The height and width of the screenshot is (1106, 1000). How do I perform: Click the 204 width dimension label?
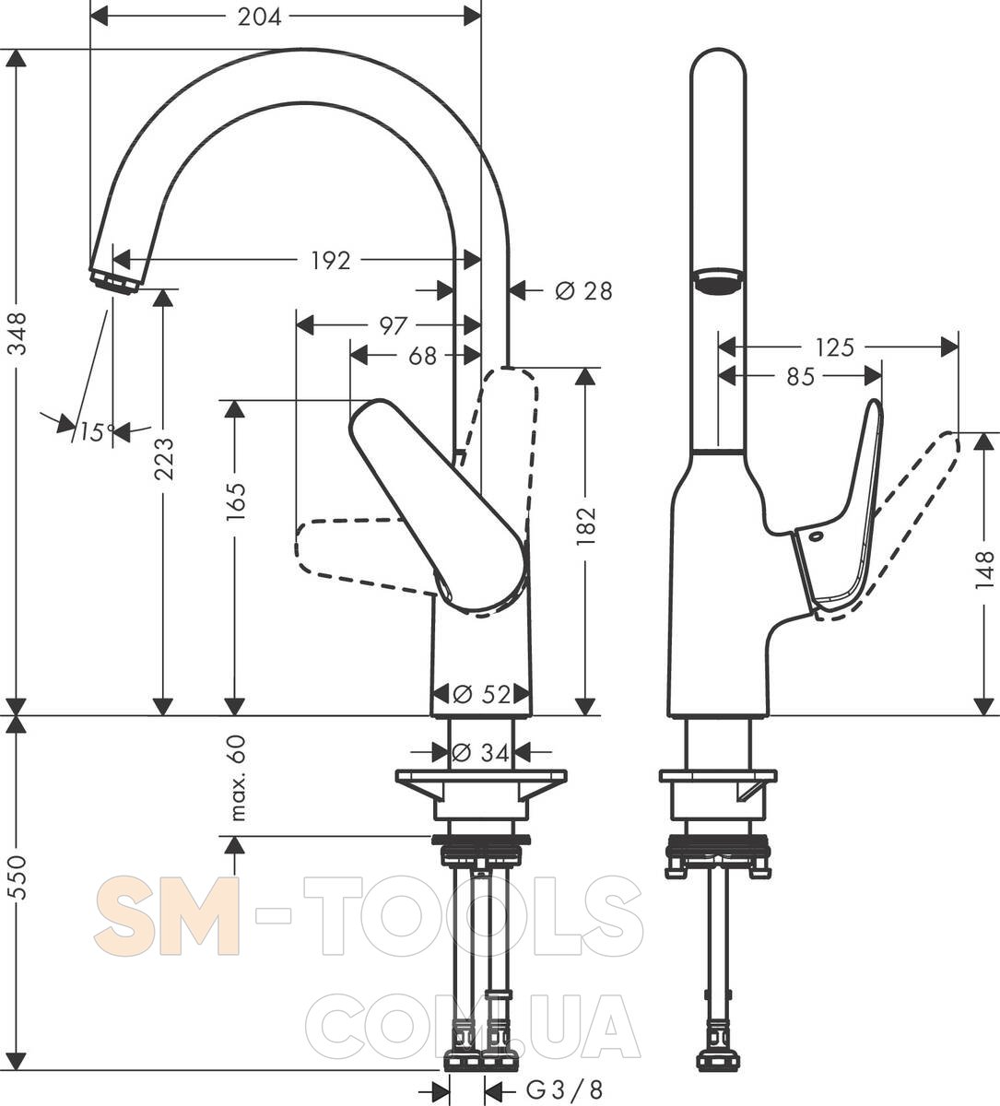pyautogui.click(x=259, y=18)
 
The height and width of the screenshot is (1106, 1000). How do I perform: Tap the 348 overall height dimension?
pyautogui.click(x=18, y=333)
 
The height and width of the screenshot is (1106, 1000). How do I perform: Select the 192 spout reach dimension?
pyautogui.click(x=330, y=260)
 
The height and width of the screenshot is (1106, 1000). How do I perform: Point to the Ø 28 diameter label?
pyautogui.click(x=583, y=290)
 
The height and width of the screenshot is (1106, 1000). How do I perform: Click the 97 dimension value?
pyautogui.click(x=393, y=326)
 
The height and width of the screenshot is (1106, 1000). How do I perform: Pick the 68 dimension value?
pyautogui.click(x=422, y=356)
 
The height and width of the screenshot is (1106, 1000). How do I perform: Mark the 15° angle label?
pyautogui.click(x=98, y=431)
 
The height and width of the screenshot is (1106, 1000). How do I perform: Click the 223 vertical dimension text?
pyautogui.click(x=164, y=459)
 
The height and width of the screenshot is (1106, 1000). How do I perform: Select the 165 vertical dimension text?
pyautogui.click(x=236, y=501)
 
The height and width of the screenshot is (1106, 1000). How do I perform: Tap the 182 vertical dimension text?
pyautogui.click(x=586, y=526)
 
